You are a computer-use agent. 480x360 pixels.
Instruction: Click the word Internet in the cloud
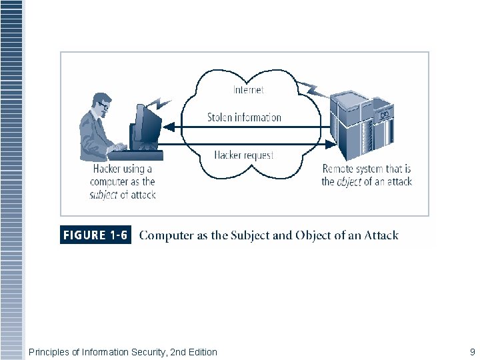(x=248, y=89)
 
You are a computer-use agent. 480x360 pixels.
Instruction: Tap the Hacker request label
(x=244, y=155)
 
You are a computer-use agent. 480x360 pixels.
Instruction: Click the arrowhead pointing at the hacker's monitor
(x=169, y=127)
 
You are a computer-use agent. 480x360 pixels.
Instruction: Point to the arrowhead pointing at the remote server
(x=331, y=143)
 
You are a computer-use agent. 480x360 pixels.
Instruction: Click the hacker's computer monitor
(x=148, y=127)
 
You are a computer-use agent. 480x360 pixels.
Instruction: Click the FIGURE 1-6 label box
(x=95, y=235)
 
